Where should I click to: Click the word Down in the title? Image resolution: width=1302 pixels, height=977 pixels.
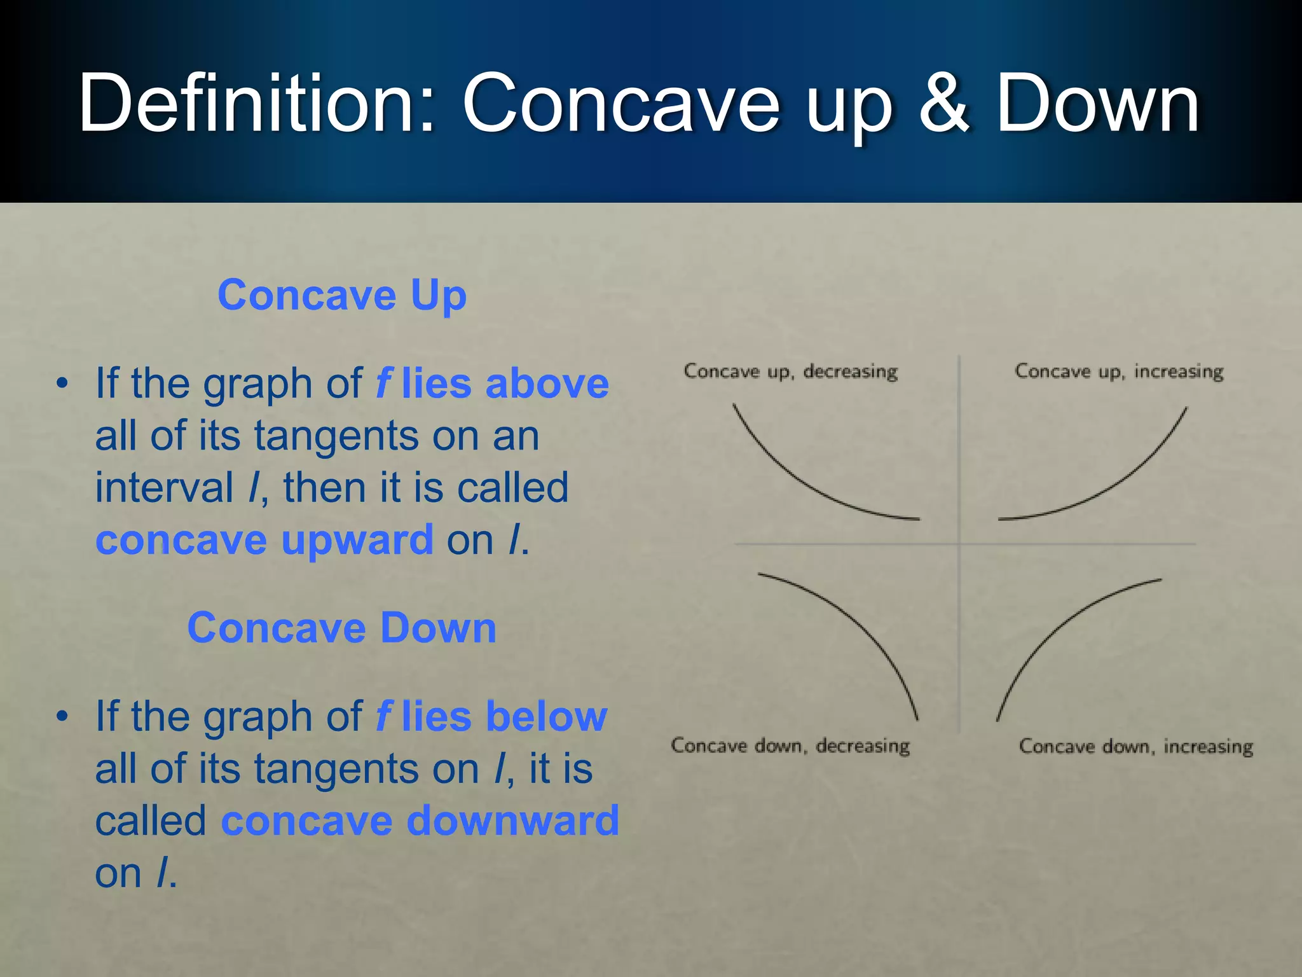(1097, 103)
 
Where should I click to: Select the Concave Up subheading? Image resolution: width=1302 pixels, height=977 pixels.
(342, 296)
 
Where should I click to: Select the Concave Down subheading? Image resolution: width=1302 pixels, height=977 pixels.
(342, 628)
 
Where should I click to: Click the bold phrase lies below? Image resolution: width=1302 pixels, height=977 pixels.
(504, 717)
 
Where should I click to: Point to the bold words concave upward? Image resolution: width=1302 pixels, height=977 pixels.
(264, 541)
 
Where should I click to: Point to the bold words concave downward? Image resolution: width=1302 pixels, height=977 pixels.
(420, 821)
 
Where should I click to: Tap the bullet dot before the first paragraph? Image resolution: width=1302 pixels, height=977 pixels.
(62, 384)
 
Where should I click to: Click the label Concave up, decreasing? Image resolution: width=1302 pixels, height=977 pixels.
(790, 371)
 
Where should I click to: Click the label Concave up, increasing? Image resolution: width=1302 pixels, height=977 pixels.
(1119, 371)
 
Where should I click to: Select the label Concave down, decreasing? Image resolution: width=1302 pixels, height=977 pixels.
(790, 745)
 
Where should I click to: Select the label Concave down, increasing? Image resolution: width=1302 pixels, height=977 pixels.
(1135, 746)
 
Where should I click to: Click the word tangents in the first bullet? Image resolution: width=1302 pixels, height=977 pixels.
(336, 436)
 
